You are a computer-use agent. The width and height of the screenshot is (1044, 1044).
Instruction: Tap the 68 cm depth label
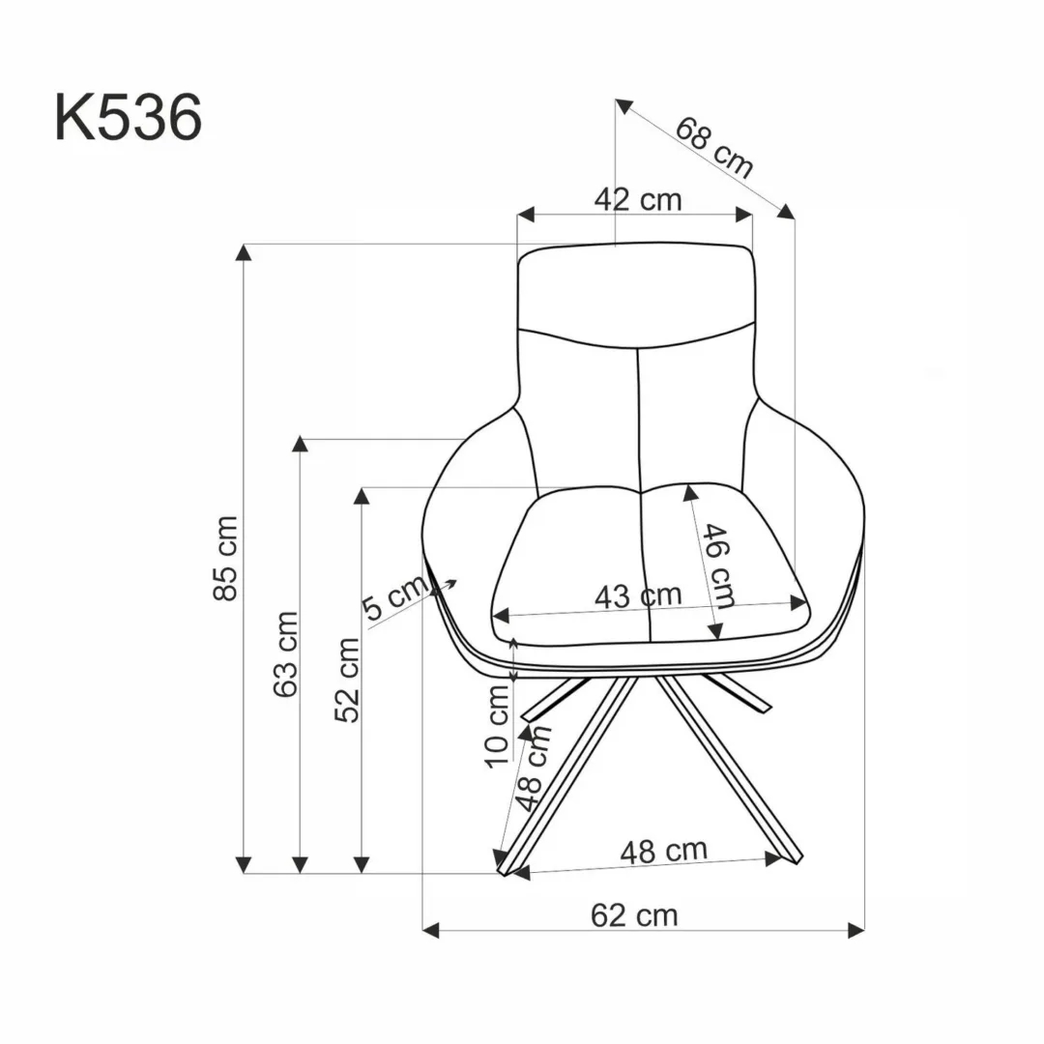click(x=714, y=148)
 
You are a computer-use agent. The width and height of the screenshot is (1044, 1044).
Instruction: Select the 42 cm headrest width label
click(x=637, y=200)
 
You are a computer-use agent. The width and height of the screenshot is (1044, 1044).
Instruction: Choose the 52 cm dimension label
click(x=347, y=680)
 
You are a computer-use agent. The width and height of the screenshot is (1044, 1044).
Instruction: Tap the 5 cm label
click(x=394, y=598)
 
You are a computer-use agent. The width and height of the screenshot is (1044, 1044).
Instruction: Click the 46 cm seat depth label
click(x=718, y=565)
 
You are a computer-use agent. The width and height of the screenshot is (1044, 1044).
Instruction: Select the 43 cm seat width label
click(x=637, y=595)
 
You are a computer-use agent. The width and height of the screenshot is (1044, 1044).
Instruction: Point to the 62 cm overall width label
click(x=634, y=914)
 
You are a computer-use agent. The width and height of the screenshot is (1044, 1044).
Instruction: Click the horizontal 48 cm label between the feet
click(x=663, y=852)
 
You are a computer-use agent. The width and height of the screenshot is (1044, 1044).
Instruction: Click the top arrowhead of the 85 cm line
click(x=245, y=253)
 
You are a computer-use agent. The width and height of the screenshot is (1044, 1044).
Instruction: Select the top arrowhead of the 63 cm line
click(x=301, y=446)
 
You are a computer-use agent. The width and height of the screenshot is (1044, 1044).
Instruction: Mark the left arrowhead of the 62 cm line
click(x=432, y=930)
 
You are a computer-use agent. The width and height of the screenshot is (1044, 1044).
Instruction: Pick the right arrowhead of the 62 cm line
click(x=855, y=930)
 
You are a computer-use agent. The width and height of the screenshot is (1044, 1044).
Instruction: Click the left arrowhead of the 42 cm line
click(x=526, y=214)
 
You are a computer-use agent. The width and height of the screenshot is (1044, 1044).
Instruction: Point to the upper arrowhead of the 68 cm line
click(x=623, y=105)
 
